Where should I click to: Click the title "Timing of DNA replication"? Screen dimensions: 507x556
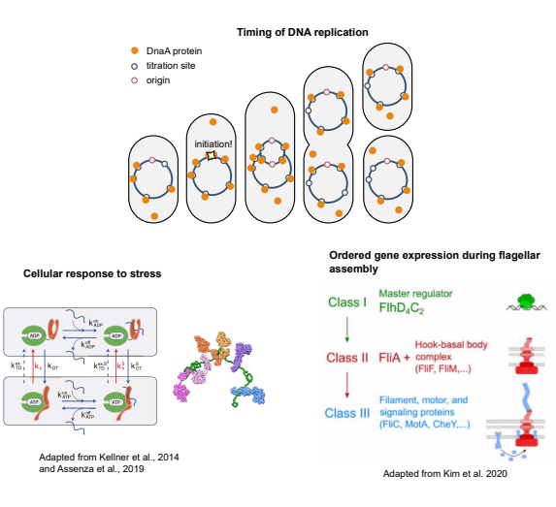[x=303, y=32]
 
